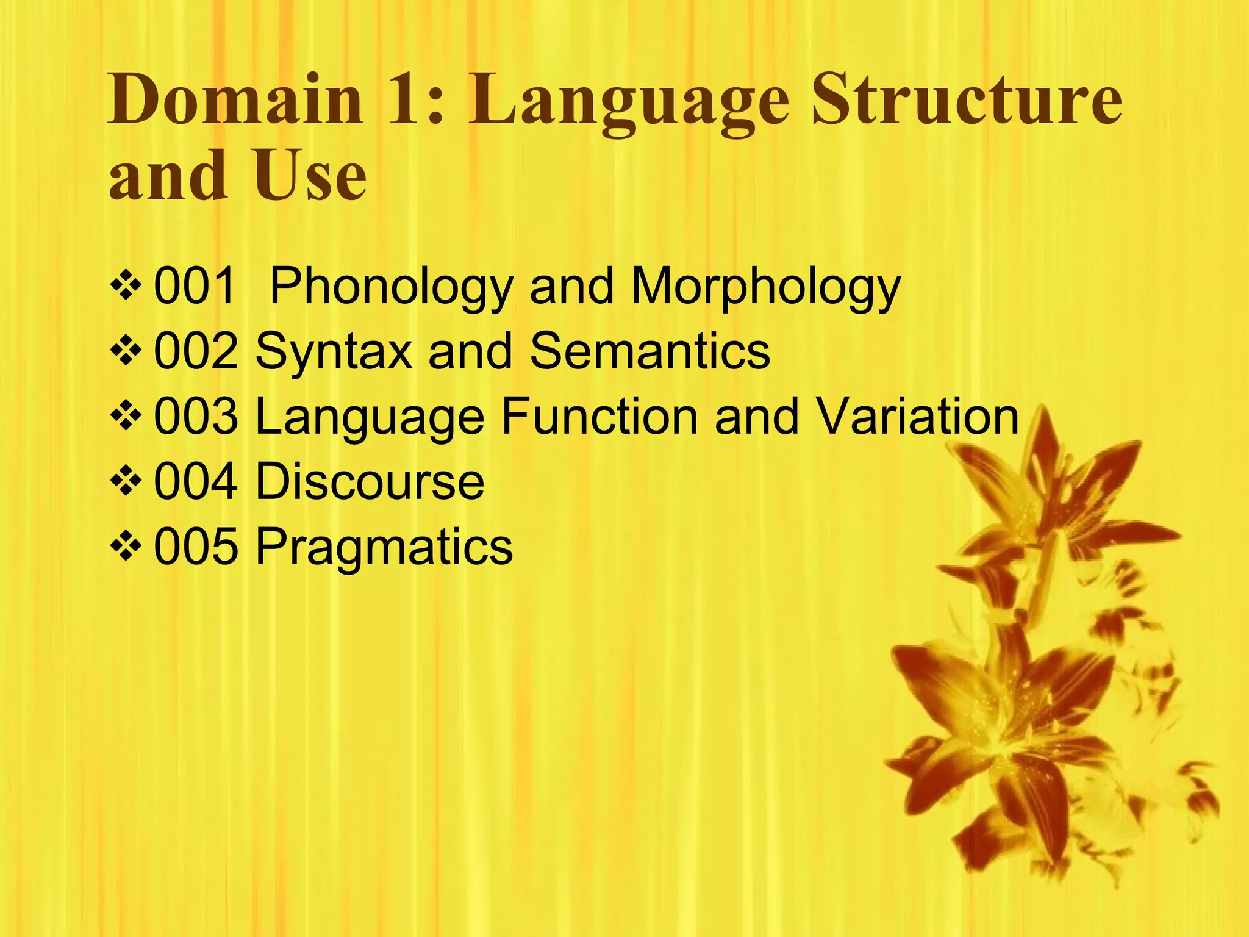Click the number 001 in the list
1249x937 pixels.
[195, 286]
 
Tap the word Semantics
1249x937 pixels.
[650, 351]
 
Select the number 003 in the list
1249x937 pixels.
[196, 417]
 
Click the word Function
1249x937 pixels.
[599, 417]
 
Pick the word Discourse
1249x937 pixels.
[370, 482]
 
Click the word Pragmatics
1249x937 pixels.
[384, 548]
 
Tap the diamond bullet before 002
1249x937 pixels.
[126, 352]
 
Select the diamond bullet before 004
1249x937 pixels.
[126, 482]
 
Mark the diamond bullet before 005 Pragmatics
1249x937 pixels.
[126, 547]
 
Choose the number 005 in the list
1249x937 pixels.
[196, 547]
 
